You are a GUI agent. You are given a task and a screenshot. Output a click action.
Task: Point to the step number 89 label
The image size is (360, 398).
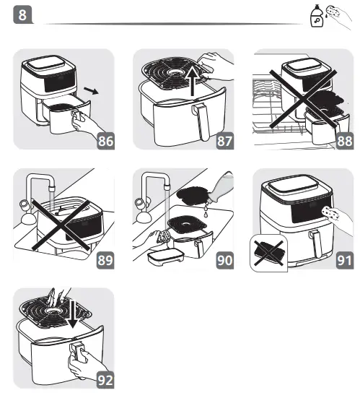pos(105,258)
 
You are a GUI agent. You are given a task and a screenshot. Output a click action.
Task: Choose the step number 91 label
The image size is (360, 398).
pos(344,258)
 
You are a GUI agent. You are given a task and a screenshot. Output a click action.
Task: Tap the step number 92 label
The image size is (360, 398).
pos(105,377)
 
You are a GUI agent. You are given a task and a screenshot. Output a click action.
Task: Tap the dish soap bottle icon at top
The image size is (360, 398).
pos(316,17)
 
